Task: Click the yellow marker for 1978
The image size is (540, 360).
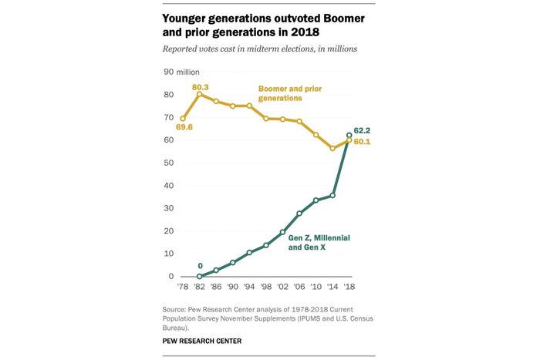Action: (x=183, y=119)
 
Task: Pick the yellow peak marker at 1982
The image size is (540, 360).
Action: (x=199, y=94)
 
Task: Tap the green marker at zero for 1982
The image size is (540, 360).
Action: (x=199, y=276)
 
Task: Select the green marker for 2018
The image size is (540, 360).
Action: (x=349, y=135)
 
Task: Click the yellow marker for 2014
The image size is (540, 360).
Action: (x=332, y=148)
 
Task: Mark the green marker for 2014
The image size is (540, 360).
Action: (x=332, y=195)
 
